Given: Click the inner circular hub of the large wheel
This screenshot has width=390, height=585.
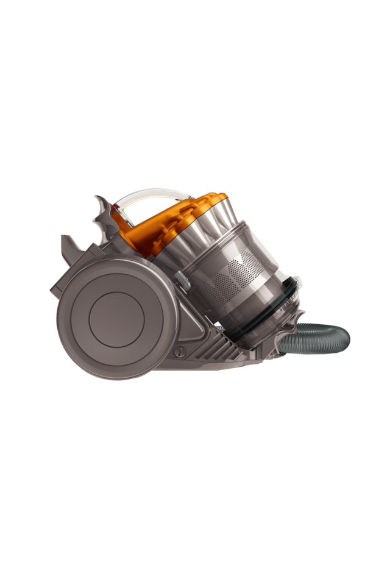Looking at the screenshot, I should pos(116,316).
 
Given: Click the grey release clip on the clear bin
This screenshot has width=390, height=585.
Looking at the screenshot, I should pos(182,281).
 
